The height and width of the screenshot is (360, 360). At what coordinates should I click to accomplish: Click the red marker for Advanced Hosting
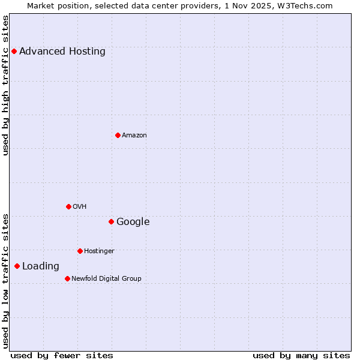pyautogui.click(x=14, y=51)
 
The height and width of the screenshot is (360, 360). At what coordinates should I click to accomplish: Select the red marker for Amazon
pyautogui.click(x=118, y=135)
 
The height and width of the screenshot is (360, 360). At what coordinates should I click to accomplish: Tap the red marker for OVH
pyautogui.click(x=68, y=206)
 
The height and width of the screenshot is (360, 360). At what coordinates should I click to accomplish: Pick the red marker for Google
pyautogui.click(x=111, y=221)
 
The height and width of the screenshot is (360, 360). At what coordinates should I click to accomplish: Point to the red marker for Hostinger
pyautogui.click(x=80, y=251)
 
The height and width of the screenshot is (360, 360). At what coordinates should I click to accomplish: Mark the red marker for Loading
pyautogui.click(x=17, y=266)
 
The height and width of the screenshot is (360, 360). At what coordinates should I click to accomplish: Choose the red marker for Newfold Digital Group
pyautogui.click(x=67, y=278)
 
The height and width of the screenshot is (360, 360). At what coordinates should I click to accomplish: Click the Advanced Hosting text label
pyautogui.click(x=62, y=51)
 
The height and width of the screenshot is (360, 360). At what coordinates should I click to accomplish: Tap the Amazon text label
pyautogui.click(x=134, y=136)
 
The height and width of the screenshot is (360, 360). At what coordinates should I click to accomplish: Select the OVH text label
pyautogui.click(x=80, y=207)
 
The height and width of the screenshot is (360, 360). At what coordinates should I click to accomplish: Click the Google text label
pyautogui.click(x=133, y=222)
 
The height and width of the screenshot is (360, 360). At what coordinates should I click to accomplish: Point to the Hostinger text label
pyautogui.click(x=99, y=251)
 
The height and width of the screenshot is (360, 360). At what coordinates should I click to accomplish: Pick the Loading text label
pyautogui.click(x=41, y=266)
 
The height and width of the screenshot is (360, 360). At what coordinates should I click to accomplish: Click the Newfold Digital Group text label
pyautogui.click(x=106, y=279)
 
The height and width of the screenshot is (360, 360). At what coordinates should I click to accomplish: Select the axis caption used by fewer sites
pyautogui.click(x=62, y=355)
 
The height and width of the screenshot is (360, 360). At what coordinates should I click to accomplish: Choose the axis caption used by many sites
pyautogui.click(x=301, y=355)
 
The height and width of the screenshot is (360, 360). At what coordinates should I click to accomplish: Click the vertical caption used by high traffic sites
pyautogui.click(x=5, y=85)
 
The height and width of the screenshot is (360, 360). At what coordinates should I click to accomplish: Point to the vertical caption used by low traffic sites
pyautogui.click(x=5, y=281)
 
